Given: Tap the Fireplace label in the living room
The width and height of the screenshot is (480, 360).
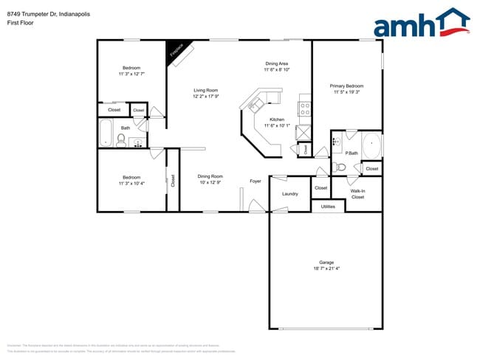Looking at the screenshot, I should click(176, 51).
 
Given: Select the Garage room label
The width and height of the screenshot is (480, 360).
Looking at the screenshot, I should click(326, 263).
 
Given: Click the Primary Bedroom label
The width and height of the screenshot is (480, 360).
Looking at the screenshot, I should click(346, 86).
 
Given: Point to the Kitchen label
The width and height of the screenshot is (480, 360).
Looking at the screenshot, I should click(277, 120).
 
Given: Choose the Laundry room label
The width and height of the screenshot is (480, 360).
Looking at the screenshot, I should click(290, 194).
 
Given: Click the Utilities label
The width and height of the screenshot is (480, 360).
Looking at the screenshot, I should click(328, 207).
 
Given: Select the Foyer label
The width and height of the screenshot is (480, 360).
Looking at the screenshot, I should click(256, 181).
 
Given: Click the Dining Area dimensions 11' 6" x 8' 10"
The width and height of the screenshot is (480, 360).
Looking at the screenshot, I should click(277, 70).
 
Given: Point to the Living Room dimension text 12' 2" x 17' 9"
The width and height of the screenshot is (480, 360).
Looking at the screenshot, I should click(206, 96).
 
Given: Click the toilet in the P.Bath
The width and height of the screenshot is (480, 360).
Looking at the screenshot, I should click(340, 167).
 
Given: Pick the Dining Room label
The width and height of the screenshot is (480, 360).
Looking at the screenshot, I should click(210, 176).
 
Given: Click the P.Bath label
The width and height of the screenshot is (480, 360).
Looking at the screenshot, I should click(352, 153).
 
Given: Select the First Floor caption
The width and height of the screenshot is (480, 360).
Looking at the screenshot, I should click(19, 23).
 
